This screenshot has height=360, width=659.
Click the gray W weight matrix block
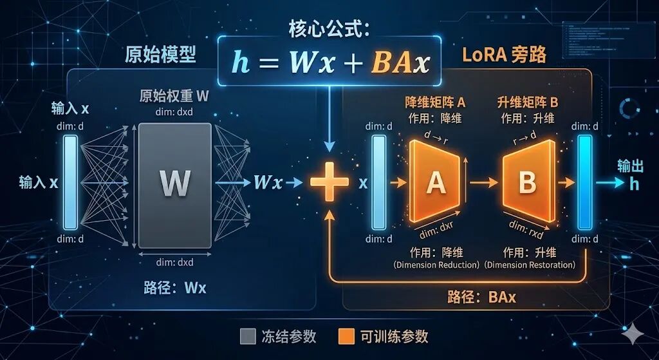coord(174,184)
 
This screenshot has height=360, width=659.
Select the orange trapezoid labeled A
coord(436,183)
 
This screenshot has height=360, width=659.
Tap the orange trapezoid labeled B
coord(528,183)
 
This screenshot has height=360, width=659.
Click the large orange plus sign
coord(329,182)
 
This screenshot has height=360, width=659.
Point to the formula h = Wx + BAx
coord(330,63)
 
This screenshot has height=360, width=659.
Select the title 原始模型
coord(160,55)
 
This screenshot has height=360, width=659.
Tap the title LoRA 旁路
coord(504,55)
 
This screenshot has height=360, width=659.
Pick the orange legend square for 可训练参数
coord(346,336)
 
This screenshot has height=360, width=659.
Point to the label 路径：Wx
coord(175,288)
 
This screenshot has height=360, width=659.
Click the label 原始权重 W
coord(174,97)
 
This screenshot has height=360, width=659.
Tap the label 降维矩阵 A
coord(436,102)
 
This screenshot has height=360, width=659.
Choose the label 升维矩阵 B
coord(528,102)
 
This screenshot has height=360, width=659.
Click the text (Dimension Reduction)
coord(436,265)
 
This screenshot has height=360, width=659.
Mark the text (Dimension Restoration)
coord(529,265)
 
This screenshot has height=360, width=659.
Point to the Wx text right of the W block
coord(268,182)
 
